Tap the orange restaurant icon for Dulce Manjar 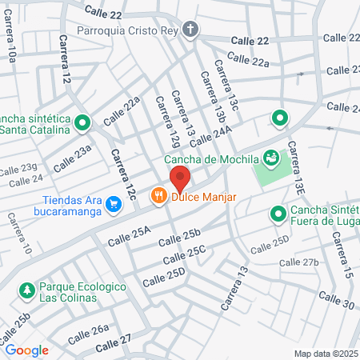click(x=158, y=194)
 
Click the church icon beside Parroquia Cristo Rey click(x=190, y=30)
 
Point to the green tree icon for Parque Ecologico click(x=26, y=288)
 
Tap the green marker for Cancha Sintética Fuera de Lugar click(x=278, y=214)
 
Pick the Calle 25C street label click(x=186, y=256)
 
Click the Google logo click(x=26, y=350)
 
